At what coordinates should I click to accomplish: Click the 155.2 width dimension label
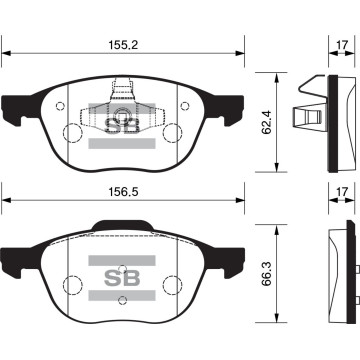pos(123,45)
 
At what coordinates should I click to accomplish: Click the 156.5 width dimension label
pos(123,192)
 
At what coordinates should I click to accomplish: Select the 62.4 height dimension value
pos(267,122)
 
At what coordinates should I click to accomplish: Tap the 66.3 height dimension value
pos(267,274)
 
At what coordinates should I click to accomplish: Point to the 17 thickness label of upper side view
pos(342,45)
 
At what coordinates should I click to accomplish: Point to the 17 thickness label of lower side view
pos(342,192)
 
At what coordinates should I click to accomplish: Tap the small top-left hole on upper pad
pos(60,106)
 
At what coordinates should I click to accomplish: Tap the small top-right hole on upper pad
pos(185,106)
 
